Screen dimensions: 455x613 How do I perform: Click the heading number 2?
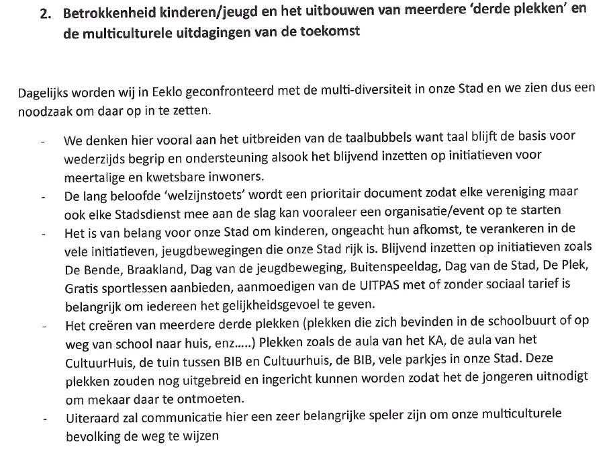[45, 14]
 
